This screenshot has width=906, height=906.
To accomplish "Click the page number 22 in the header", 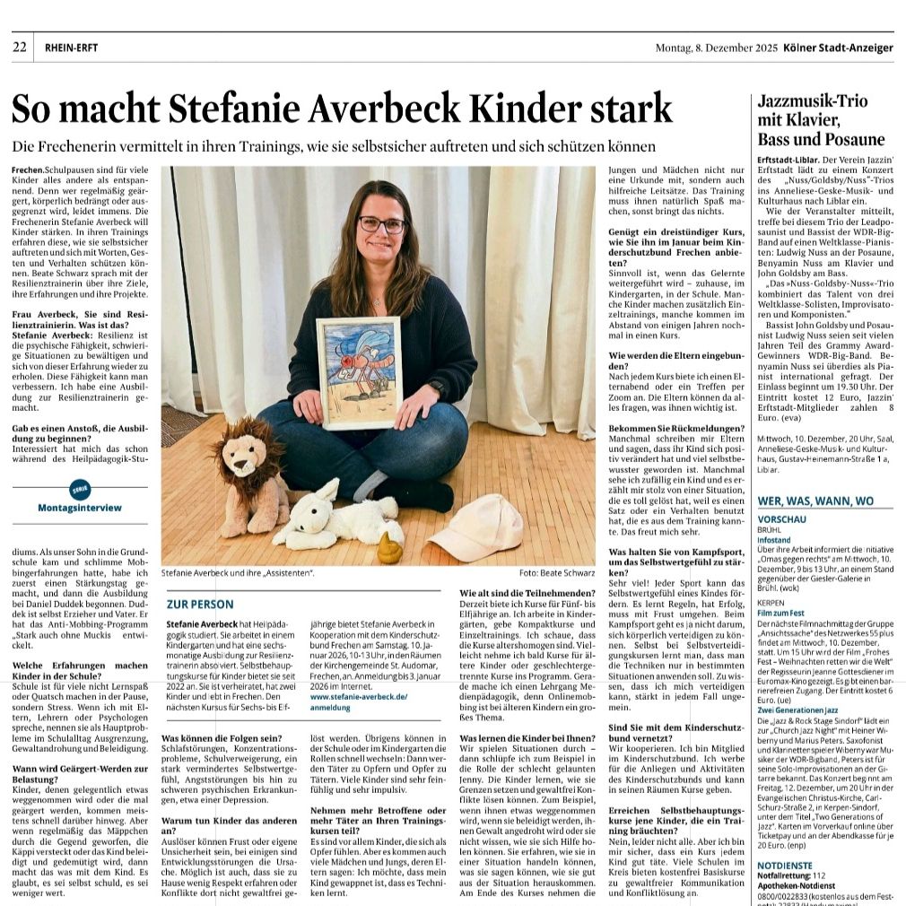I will click(x=20, y=48).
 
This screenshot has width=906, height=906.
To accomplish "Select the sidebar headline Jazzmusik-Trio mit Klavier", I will click(x=813, y=111).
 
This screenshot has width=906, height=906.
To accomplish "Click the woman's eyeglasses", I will click(x=381, y=224).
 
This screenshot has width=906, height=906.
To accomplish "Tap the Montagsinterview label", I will click(x=80, y=508).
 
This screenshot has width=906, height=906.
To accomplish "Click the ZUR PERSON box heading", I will click(x=200, y=604).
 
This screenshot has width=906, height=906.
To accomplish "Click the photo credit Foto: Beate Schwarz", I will click(x=556, y=571).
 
